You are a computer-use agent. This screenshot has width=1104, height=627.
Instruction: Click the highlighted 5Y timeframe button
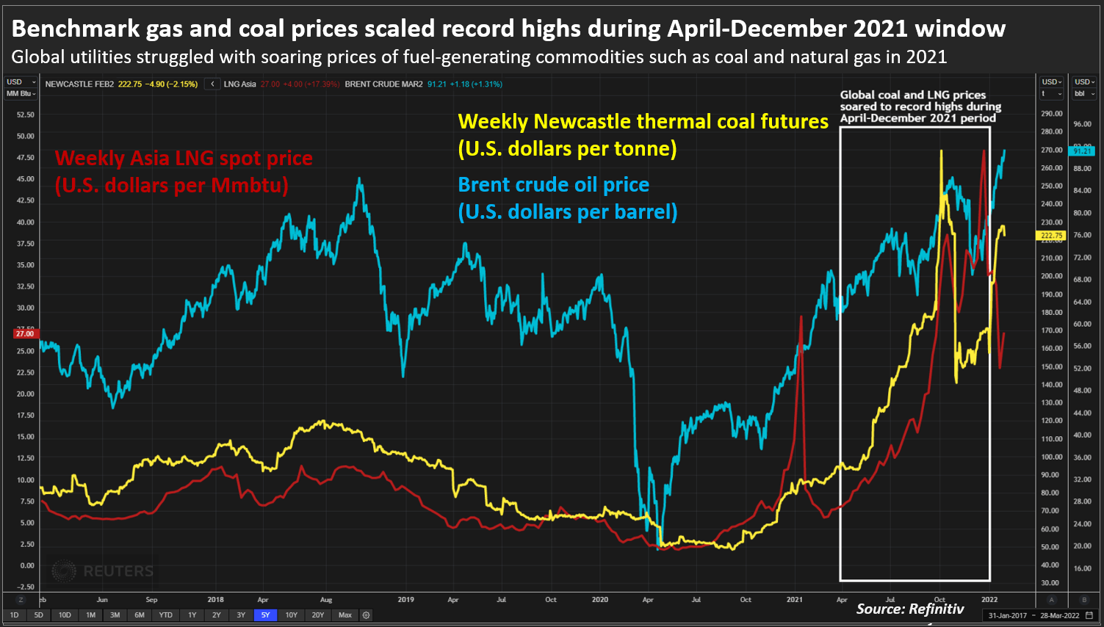[265, 615]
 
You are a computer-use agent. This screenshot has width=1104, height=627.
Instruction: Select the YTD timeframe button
[166, 615]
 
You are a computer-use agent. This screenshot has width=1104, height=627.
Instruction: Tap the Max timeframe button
[344, 615]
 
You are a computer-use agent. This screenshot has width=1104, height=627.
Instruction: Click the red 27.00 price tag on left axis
[25, 333]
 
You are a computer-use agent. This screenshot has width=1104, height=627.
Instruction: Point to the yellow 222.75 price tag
[1051, 236]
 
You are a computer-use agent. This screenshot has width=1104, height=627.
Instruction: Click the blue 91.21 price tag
[1083, 151]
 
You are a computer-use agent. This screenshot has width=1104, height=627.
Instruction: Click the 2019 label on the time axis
[405, 600]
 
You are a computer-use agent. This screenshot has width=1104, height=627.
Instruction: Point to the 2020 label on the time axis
[600, 600]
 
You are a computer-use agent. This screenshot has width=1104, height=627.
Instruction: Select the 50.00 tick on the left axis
[26, 136]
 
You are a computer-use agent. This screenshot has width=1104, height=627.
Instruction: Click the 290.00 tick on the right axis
[1052, 114]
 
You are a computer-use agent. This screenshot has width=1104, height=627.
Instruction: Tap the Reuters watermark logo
[103, 570]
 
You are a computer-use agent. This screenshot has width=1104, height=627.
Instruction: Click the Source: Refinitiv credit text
[909, 609]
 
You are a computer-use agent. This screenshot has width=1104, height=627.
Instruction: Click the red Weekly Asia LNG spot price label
[184, 171]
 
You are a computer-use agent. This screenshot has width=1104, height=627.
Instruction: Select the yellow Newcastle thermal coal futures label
[643, 135]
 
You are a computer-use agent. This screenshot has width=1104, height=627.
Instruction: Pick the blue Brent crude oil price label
[567, 198]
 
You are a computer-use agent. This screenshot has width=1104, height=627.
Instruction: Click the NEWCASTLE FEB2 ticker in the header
[79, 84]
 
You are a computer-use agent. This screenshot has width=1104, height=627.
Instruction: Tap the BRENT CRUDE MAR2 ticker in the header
[383, 84]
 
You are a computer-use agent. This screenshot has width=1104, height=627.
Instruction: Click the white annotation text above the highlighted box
[920, 106]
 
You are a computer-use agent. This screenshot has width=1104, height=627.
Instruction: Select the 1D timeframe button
[15, 615]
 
